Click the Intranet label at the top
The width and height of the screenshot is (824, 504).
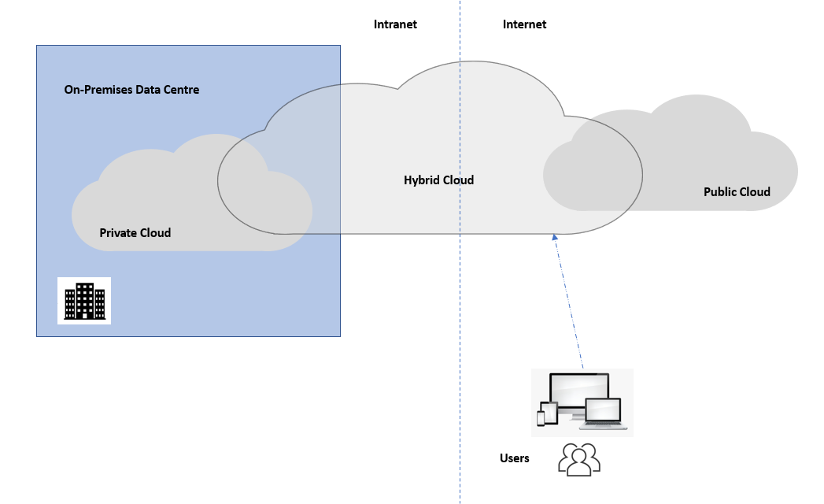(395, 24)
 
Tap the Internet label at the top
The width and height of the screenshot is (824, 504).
(524, 24)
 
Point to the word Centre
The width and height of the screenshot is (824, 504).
(181, 90)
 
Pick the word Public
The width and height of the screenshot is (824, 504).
(720, 192)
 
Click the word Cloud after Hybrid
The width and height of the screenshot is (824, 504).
(459, 180)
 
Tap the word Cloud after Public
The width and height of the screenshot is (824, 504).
(755, 192)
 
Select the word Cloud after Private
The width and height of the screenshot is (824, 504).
(155, 233)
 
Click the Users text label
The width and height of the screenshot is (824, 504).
(515, 458)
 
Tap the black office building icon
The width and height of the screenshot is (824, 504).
(84, 301)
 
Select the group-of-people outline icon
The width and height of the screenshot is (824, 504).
(579, 460)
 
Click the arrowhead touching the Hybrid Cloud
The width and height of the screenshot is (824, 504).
(555, 236)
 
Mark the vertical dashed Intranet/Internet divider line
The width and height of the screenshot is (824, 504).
(460, 315)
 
